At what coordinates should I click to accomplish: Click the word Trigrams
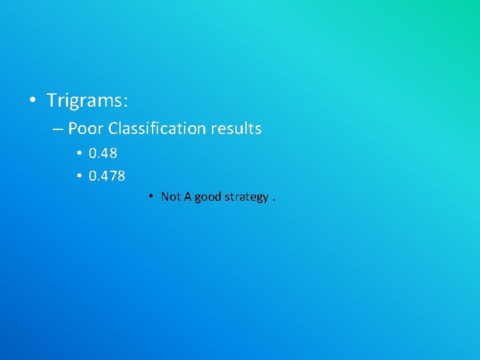[x=85, y=101]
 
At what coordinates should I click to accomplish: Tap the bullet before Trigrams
[x=32, y=101]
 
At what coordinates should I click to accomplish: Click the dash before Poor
[x=58, y=129]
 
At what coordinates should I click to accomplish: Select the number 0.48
[x=103, y=153]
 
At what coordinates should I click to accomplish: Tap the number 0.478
[x=107, y=176]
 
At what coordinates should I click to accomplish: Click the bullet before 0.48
[x=78, y=153]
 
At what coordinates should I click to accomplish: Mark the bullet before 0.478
[x=78, y=176]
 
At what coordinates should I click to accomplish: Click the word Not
[x=171, y=197]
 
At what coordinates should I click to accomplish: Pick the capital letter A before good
[x=188, y=197]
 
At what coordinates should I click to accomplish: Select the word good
[x=207, y=197]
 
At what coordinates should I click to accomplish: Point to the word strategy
[x=247, y=197]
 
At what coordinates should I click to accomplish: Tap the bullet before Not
[x=152, y=197]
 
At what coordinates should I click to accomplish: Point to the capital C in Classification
[x=112, y=128]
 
